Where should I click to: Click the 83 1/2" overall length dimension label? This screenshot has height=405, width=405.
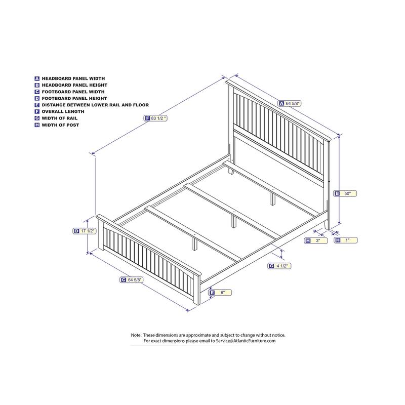point(155,118)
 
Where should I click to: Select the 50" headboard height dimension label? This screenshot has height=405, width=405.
point(345,193)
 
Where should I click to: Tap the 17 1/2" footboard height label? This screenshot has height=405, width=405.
point(85,231)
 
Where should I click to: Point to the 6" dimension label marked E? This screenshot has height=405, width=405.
point(220,293)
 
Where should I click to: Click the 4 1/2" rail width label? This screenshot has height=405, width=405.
point(279,266)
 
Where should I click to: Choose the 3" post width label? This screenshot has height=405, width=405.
point(315,240)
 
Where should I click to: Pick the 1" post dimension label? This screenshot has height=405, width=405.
point(346,240)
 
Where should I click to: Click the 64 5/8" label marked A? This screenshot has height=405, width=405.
point(290,103)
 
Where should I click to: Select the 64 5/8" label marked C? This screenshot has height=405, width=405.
point(132,280)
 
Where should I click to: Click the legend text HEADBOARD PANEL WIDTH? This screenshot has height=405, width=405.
point(73,78)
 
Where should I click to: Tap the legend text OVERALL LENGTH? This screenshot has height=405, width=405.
point(63,111)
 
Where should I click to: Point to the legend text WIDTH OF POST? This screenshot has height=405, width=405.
point(60,125)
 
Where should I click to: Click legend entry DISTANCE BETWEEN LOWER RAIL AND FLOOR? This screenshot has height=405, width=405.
point(95,105)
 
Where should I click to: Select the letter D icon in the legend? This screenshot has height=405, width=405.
point(37,98)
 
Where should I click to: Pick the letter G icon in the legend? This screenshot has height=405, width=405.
point(37,118)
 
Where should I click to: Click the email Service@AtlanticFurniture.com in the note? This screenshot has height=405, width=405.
point(246,341)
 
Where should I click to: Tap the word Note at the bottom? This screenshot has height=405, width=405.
point(136,335)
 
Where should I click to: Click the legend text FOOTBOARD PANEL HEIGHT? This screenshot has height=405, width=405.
point(74,98)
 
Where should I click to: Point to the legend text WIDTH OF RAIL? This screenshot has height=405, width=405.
point(60,118)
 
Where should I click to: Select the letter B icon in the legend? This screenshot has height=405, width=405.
point(37,85)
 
